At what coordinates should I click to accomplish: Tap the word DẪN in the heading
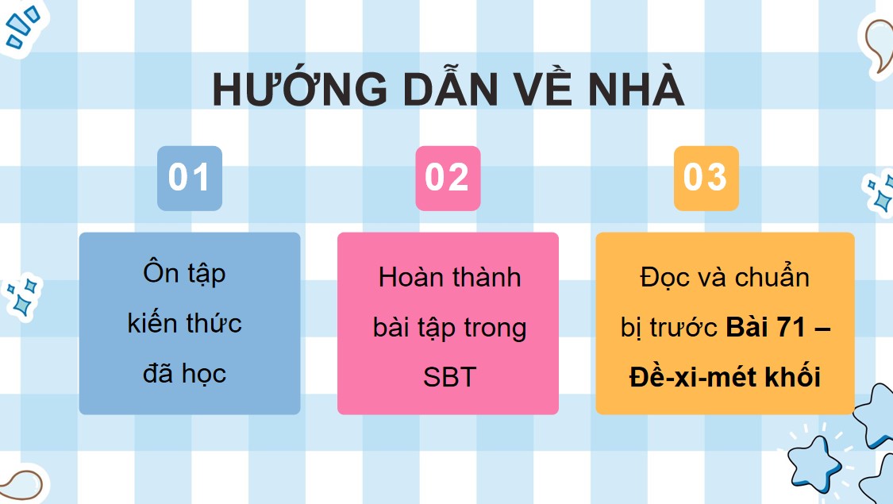pyautogui.click(x=448, y=90)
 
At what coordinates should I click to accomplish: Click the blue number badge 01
pyautogui.click(x=189, y=178)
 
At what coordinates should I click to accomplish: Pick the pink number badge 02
pyautogui.click(x=448, y=178)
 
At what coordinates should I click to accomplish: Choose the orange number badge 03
pyautogui.click(x=706, y=178)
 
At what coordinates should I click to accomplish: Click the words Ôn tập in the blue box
pyautogui.click(x=184, y=274)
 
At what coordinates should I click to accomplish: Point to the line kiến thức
pyautogui.click(x=184, y=323)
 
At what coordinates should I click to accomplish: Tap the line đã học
pyautogui.click(x=184, y=373)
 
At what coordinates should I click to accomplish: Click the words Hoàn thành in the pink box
pyautogui.click(x=449, y=278)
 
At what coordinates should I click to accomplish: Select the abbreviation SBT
pyautogui.click(x=449, y=377)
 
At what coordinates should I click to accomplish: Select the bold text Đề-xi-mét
pyautogui.click(x=687, y=377)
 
